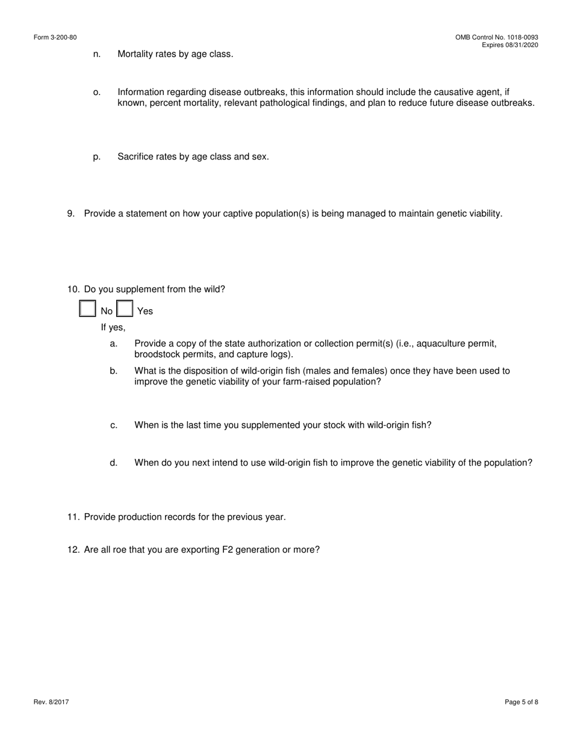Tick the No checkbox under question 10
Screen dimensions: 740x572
(x=87, y=309)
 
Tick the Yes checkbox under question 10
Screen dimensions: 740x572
(x=125, y=309)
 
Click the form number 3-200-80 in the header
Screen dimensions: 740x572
(x=55, y=37)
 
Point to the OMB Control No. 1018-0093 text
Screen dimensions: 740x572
(x=497, y=37)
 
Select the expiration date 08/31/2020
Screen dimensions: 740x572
(x=523, y=45)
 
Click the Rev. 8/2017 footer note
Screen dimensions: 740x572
(x=51, y=702)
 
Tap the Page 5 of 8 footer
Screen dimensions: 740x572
(x=521, y=702)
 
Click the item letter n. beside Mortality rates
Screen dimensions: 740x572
(x=97, y=54)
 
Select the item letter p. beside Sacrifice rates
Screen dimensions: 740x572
(x=97, y=156)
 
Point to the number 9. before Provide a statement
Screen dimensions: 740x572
(x=71, y=214)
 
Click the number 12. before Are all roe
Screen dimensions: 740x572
(x=73, y=549)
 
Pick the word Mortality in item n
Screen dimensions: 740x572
(x=137, y=54)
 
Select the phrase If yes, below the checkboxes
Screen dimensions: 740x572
(x=113, y=327)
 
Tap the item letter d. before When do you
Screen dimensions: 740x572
(x=114, y=463)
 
